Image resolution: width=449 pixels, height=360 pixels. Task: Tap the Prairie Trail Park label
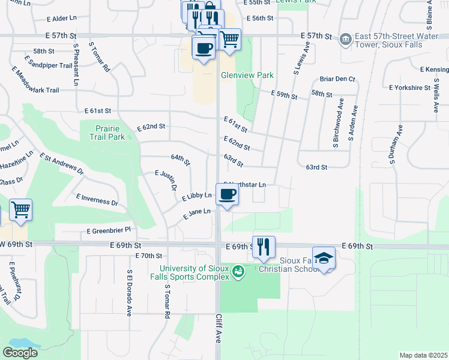[110, 133]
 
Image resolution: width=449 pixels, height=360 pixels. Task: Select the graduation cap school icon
[324, 258]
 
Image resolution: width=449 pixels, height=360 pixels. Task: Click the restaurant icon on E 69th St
[264, 247]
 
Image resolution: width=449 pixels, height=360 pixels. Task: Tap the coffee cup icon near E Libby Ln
[227, 194]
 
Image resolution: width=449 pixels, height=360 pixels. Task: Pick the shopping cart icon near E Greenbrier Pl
[20, 210]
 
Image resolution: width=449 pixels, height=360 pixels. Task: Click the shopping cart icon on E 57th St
[229, 40]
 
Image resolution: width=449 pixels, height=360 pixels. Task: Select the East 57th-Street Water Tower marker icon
[346, 40]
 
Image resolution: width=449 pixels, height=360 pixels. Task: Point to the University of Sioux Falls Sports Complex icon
[238, 272]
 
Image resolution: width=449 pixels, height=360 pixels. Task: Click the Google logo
[20, 352]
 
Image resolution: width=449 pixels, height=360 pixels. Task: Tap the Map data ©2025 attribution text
[423, 355]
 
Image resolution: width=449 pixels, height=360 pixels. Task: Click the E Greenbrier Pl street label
[109, 230]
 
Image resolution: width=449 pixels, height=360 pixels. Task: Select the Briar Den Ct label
[337, 79]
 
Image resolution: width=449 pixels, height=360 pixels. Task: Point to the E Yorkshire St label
[410, 88]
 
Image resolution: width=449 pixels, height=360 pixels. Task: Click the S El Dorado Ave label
[129, 292]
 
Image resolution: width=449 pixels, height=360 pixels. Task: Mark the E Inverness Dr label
[97, 200]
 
